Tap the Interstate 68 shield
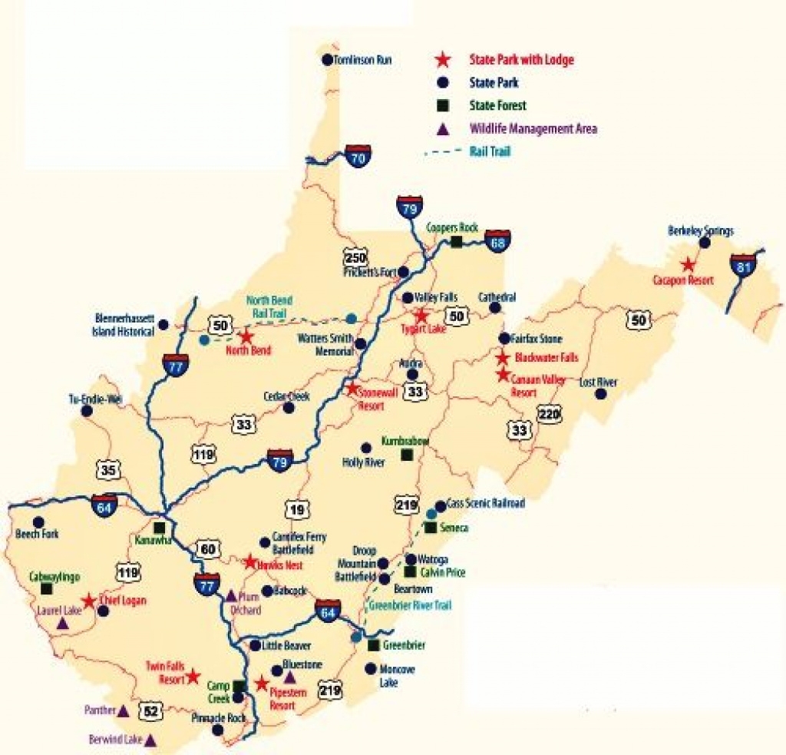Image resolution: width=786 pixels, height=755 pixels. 499,240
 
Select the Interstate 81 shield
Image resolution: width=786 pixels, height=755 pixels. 743,267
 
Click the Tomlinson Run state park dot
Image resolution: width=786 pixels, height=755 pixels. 328,59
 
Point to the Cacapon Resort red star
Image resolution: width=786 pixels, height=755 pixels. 688,265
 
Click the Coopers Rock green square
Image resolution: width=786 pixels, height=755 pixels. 457,243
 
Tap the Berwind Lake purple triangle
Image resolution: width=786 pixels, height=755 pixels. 150,740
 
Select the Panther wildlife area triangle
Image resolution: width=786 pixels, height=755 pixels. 122,711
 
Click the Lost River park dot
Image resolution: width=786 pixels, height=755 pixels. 601,394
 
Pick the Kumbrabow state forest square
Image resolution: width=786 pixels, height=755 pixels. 406,455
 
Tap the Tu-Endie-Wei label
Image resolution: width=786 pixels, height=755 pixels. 95,399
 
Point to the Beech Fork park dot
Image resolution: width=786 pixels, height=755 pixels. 38,522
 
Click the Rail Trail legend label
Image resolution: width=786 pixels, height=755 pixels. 490,151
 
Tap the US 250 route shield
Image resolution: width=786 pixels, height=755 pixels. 356,257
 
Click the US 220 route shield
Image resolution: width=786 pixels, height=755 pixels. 548,412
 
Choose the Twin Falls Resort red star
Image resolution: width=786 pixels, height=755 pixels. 193,676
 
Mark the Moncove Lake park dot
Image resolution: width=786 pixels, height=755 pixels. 372,668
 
